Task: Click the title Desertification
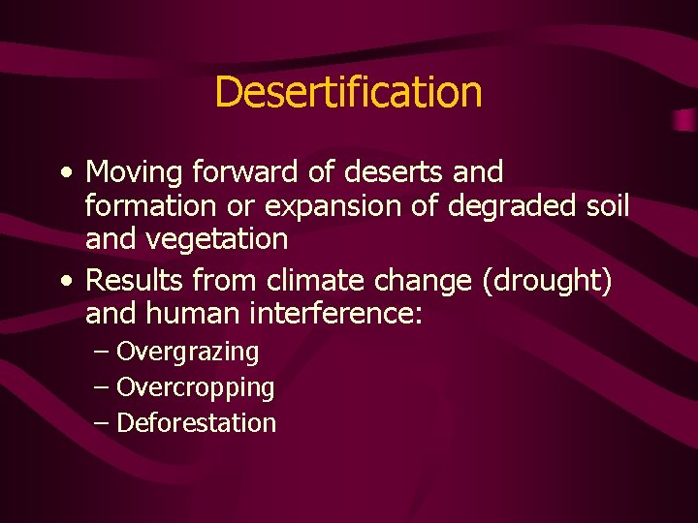pos(348,92)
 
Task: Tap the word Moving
pos(136,173)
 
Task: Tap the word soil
pos(607,205)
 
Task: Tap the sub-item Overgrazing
pos(188,353)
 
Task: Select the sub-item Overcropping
pos(195,387)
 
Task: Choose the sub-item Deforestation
pos(196,422)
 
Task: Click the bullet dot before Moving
pos(64,174)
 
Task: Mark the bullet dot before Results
pos(64,283)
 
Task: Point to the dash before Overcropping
pos(103,387)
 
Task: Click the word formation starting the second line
pos(150,205)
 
